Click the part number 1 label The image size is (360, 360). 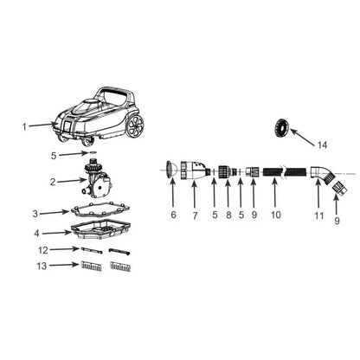pyautogui.click(x=24, y=126)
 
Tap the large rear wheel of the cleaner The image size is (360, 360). pyautogui.click(x=135, y=125)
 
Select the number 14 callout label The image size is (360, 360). pyautogui.click(x=322, y=145)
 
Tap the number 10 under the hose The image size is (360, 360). pyautogui.click(x=276, y=215)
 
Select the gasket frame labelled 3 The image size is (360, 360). pyautogui.click(x=100, y=210)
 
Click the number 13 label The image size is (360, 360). pyautogui.click(x=42, y=266)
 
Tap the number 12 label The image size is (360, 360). pyautogui.click(x=43, y=250)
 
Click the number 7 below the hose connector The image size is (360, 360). pyautogui.click(x=195, y=215)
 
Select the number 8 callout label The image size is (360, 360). pyautogui.click(x=228, y=215)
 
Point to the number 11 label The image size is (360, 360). pyautogui.click(x=318, y=215)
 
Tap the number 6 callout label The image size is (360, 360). pyautogui.click(x=173, y=215)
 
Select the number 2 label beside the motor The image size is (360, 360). pyautogui.click(x=53, y=182)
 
